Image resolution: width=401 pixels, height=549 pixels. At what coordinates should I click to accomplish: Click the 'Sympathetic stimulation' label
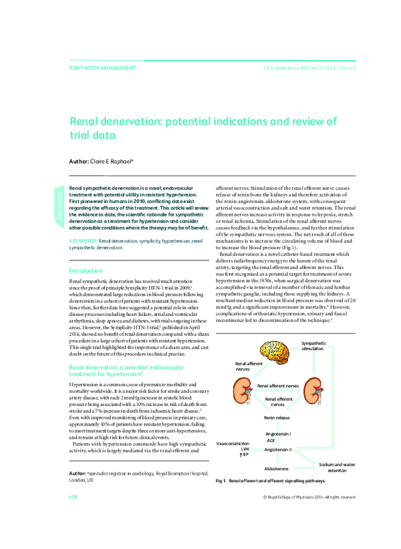(314, 346)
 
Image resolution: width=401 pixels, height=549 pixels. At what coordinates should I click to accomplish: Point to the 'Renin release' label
(277, 417)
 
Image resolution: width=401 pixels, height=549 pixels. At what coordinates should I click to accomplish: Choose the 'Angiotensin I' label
(278, 433)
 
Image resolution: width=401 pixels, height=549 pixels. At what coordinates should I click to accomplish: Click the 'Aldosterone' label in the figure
(277, 469)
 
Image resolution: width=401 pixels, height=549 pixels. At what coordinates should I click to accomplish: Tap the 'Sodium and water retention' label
(337, 467)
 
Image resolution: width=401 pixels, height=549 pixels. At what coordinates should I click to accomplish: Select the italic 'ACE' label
(271, 441)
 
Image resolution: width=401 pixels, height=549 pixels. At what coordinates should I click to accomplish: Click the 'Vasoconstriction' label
(233, 443)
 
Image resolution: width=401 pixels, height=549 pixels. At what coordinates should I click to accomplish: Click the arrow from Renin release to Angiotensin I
(277, 425)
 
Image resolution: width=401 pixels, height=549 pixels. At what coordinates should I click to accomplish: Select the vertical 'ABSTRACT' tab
(59, 206)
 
